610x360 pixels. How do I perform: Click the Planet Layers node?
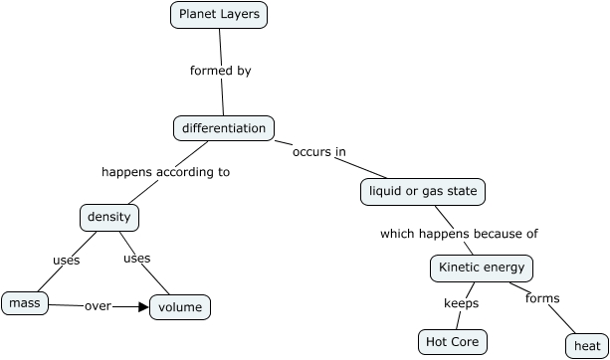click(x=219, y=15)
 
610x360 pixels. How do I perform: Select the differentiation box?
click(x=223, y=128)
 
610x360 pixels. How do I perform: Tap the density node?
click(x=109, y=217)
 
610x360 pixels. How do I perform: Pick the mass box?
click(x=20, y=302)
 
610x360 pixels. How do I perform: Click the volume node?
click(x=180, y=307)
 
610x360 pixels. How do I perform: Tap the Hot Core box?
click(x=453, y=342)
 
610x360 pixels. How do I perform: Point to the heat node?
click(x=583, y=346)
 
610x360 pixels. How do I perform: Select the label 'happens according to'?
click(x=165, y=172)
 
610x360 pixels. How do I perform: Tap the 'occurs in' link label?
click(x=318, y=152)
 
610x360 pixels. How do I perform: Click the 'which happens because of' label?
click(x=459, y=235)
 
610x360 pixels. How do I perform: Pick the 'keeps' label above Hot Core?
click(x=461, y=303)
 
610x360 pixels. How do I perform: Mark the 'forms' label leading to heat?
click(x=542, y=298)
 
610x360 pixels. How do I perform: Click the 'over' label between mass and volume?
click(x=97, y=306)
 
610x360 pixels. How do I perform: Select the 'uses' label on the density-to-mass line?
click(x=66, y=261)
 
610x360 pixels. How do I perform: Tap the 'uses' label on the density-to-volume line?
click(x=136, y=259)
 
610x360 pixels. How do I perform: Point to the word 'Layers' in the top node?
click(x=242, y=15)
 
